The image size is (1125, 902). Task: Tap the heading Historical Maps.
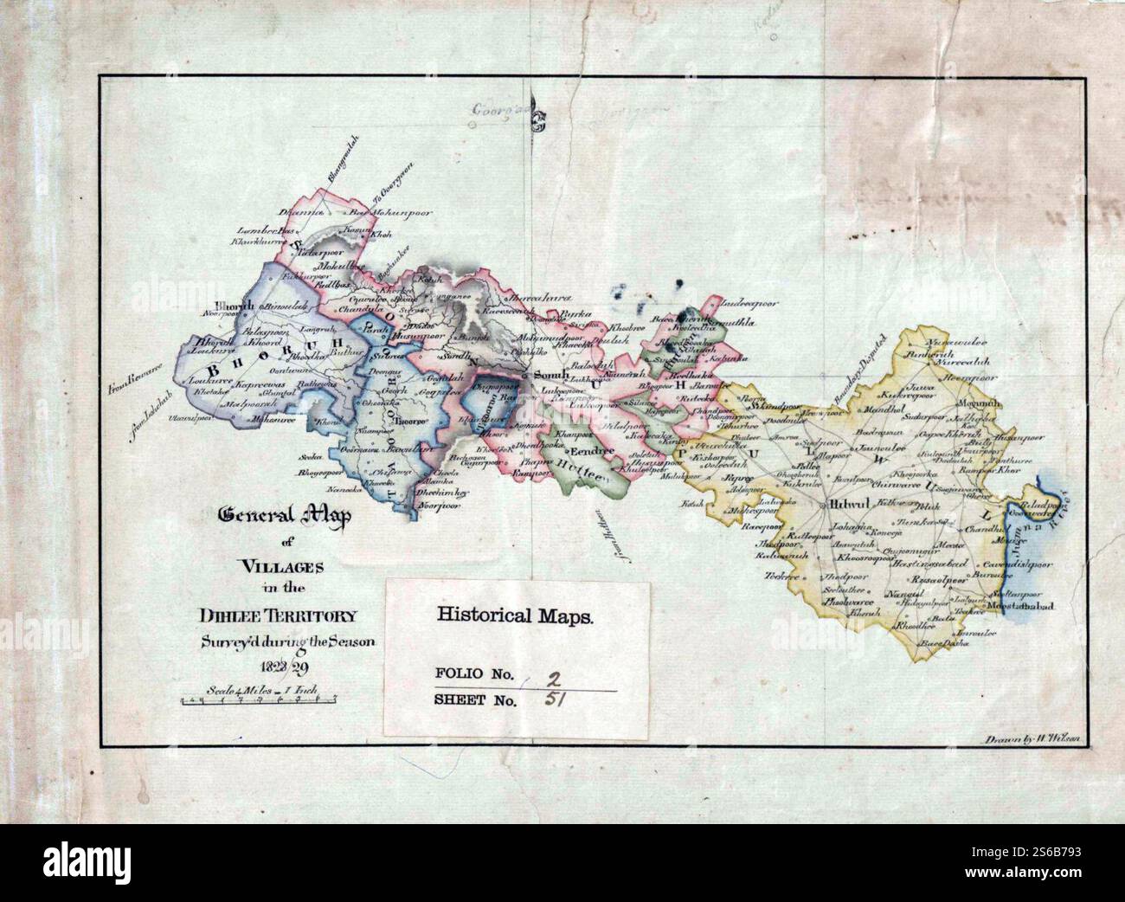tap(515, 616)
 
